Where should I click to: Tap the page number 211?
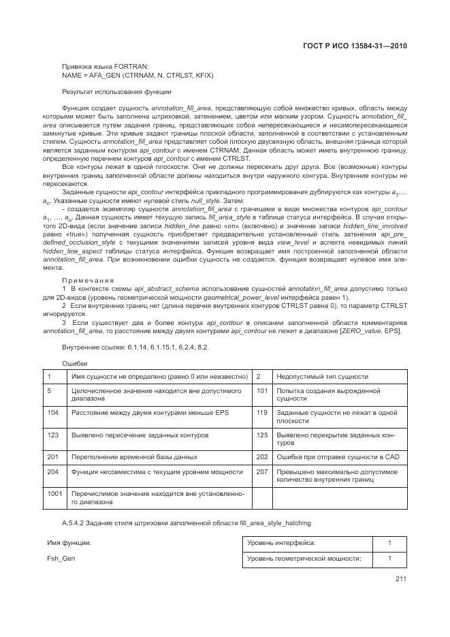point(400,579)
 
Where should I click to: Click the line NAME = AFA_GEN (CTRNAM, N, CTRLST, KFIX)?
point(137,75)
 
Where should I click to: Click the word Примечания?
point(88,280)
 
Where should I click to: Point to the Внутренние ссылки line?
point(135,347)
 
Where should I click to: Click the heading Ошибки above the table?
point(75,363)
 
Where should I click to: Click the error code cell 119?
point(261,413)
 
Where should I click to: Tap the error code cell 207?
point(261,471)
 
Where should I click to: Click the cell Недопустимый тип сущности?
point(323,376)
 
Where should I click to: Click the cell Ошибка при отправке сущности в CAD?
point(338,456)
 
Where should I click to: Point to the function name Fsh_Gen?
point(61,558)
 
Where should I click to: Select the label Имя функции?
point(69,542)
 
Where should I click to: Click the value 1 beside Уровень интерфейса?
point(389,543)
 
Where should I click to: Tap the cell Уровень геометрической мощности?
point(304,559)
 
